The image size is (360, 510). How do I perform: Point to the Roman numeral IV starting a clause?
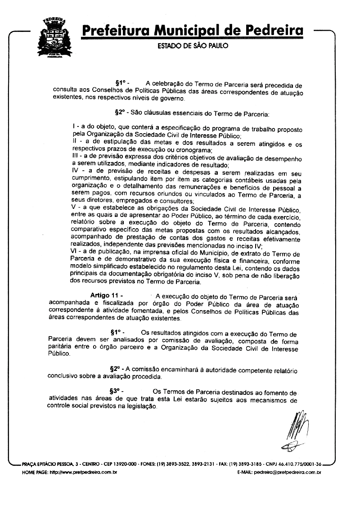coord(76,171)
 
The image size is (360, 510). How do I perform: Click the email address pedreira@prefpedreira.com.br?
coord(287,473)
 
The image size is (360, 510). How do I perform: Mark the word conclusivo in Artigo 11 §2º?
coord(63,377)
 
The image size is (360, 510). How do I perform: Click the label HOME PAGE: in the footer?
coord(35,473)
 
